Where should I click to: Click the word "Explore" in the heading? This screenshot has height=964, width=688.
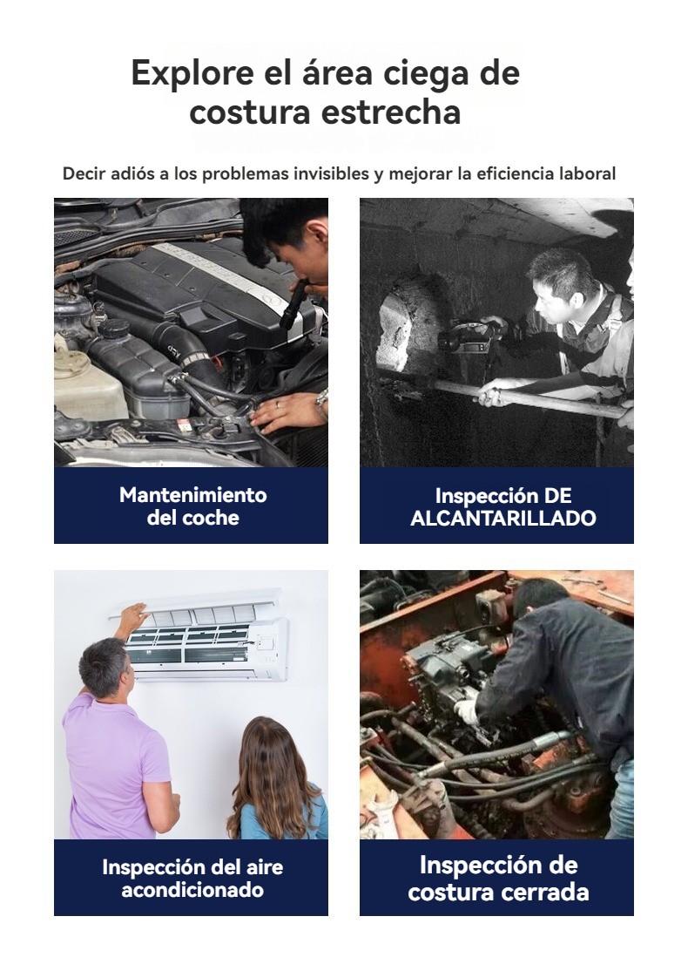[192, 73]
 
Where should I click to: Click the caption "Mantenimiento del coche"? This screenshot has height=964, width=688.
[192, 506]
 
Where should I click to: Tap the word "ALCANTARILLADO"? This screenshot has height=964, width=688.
[503, 519]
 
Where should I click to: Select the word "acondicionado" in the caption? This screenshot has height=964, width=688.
[192, 890]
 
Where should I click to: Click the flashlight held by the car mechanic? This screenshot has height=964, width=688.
[293, 304]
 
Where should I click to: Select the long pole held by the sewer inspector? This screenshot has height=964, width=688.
[529, 397]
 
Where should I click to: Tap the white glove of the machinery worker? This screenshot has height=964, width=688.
[466, 711]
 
